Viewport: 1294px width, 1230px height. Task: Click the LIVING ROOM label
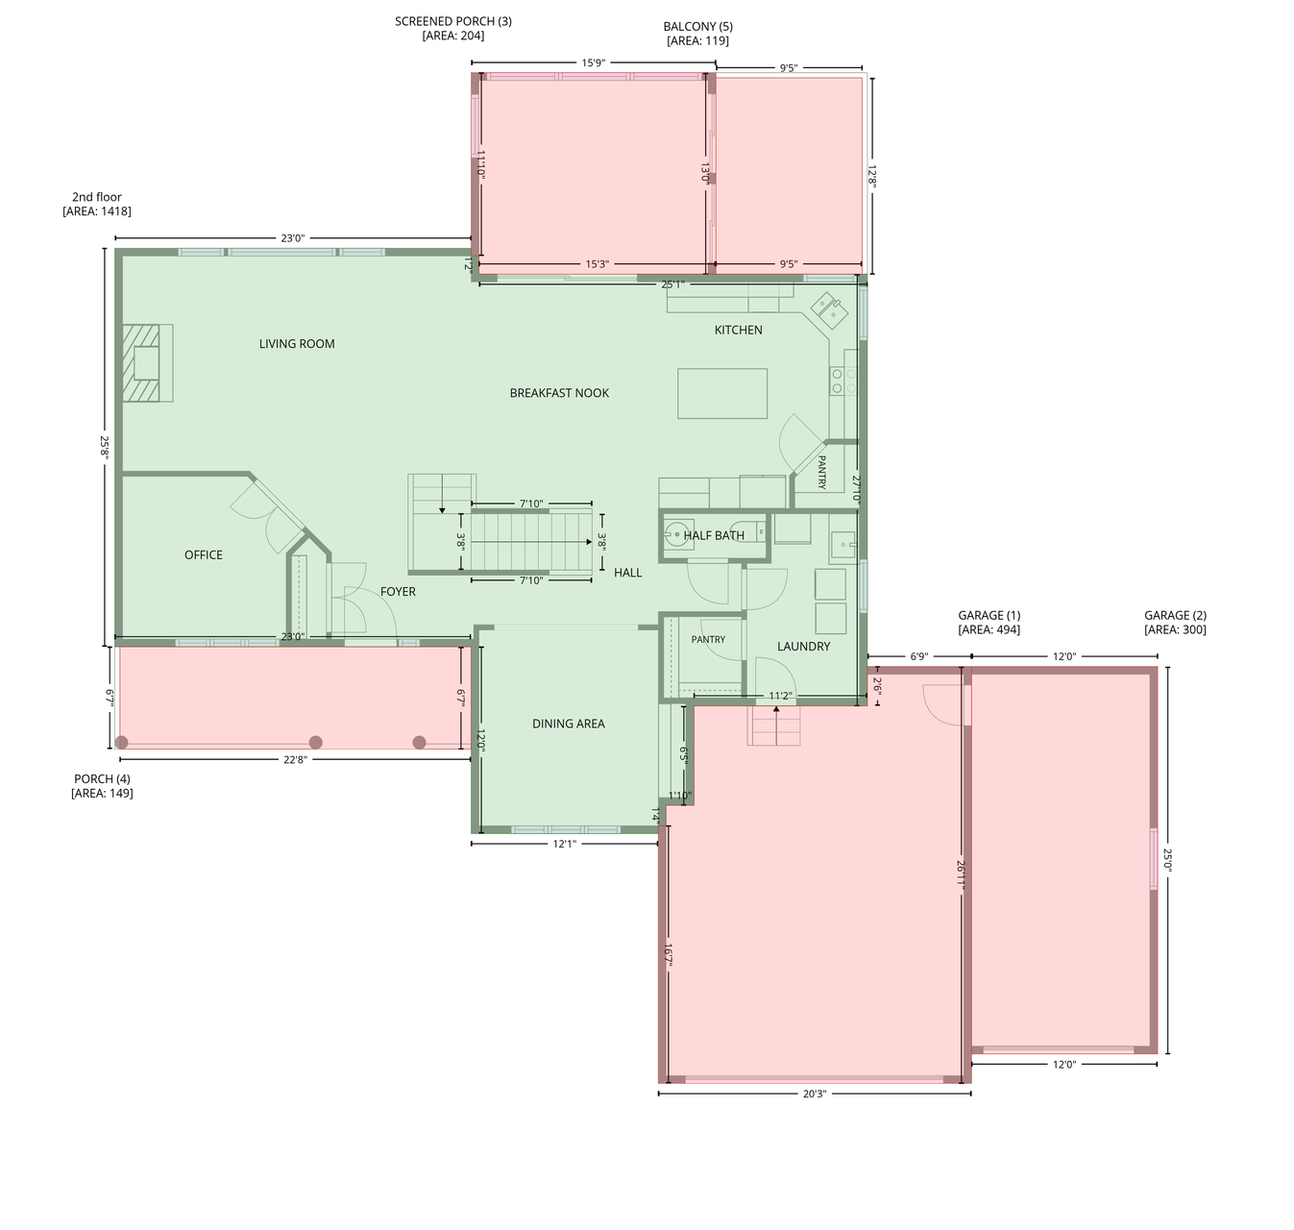point(296,344)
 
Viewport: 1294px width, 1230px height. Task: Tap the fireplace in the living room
point(147,363)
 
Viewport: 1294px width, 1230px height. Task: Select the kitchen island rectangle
point(722,393)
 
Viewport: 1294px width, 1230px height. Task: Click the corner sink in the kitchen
point(829,310)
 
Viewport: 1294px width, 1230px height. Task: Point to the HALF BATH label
point(714,535)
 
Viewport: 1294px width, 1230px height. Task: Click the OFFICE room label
point(204,555)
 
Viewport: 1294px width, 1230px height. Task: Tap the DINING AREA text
point(568,724)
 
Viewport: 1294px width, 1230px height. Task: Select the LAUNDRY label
point(803,647)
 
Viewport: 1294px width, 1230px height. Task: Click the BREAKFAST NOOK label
point(559,393)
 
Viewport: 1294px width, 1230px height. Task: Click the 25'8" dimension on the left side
point(105,446)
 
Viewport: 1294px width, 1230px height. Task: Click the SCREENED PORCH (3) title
point(452,21)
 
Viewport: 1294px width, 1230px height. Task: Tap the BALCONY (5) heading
point(697,26)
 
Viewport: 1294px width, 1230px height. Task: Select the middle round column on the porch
point(315,742)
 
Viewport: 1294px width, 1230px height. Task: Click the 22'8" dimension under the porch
point(295,759)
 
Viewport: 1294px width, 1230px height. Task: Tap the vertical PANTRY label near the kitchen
point(821,472)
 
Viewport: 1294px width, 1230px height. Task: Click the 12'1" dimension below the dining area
point(564,844)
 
